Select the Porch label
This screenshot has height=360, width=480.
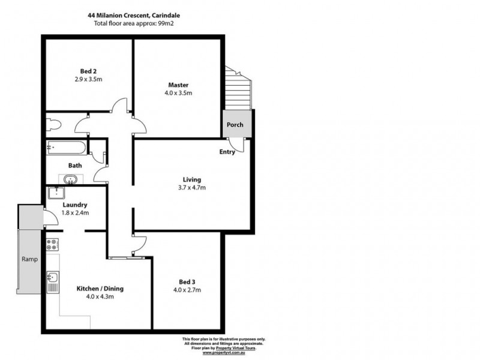click(x=235, y=125)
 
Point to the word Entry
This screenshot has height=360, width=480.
click(x=227, y=152)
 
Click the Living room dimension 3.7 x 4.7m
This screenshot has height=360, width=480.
click(x=192, y=188)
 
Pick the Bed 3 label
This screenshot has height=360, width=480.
click(x=187, y=281)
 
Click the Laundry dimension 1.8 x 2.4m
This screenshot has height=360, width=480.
click(x=76, y=212)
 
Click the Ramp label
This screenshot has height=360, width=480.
click(x=30, y=259)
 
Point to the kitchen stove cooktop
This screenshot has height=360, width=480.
click(x=52, y=245)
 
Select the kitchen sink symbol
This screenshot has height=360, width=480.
click(x=52, y=280)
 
